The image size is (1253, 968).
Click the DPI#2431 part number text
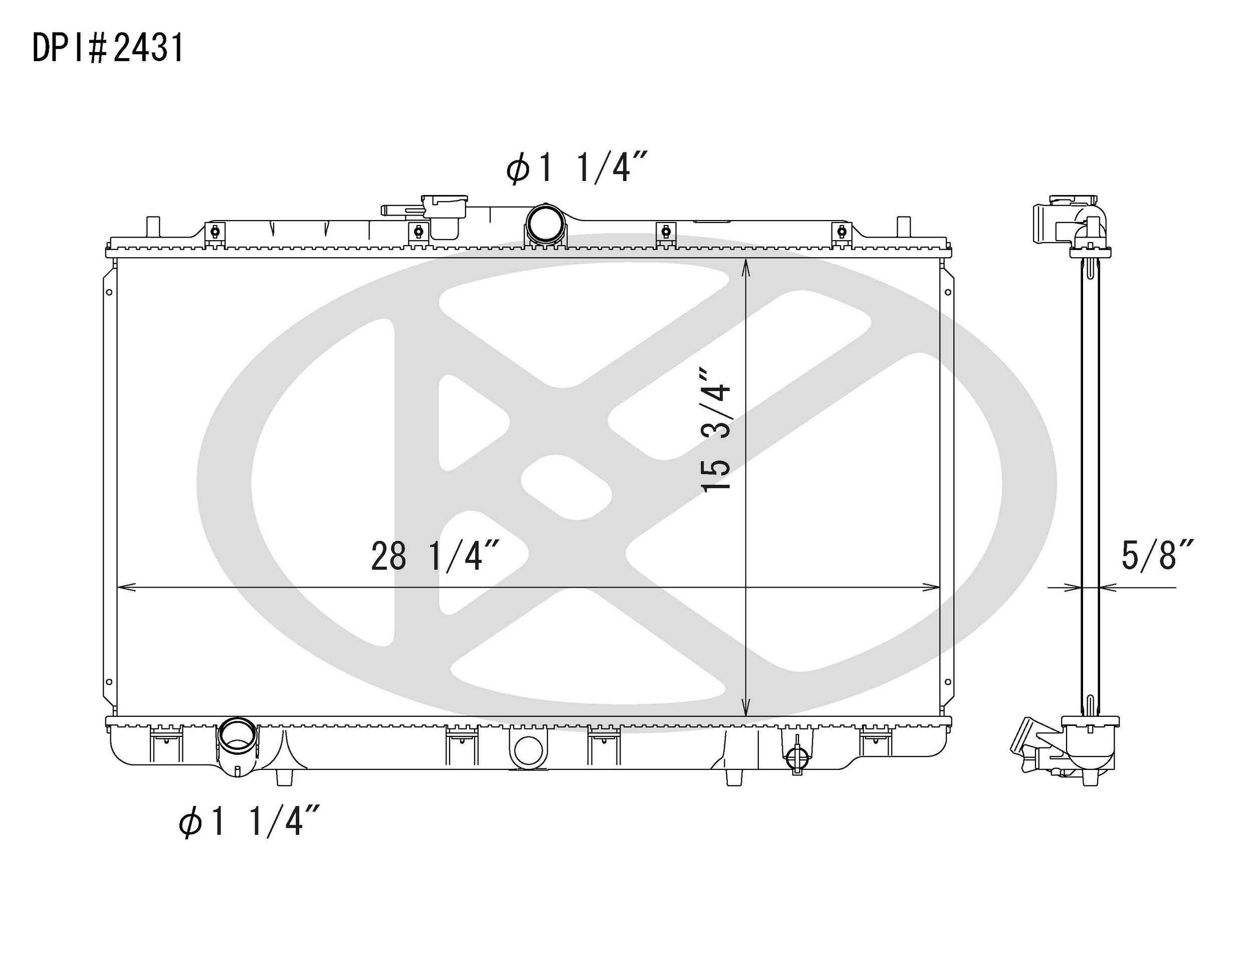pyautogui.click(x=108, y=48)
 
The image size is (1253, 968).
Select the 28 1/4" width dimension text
pyautogui.click(x=436, y=555)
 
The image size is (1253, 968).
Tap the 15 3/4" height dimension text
pyautogui.click(x=716, y=429)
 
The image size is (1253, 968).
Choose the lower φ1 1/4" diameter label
pyautogui.click(x=249, y=821)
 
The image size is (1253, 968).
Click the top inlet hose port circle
pyautogui.click(x=544, y=224)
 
